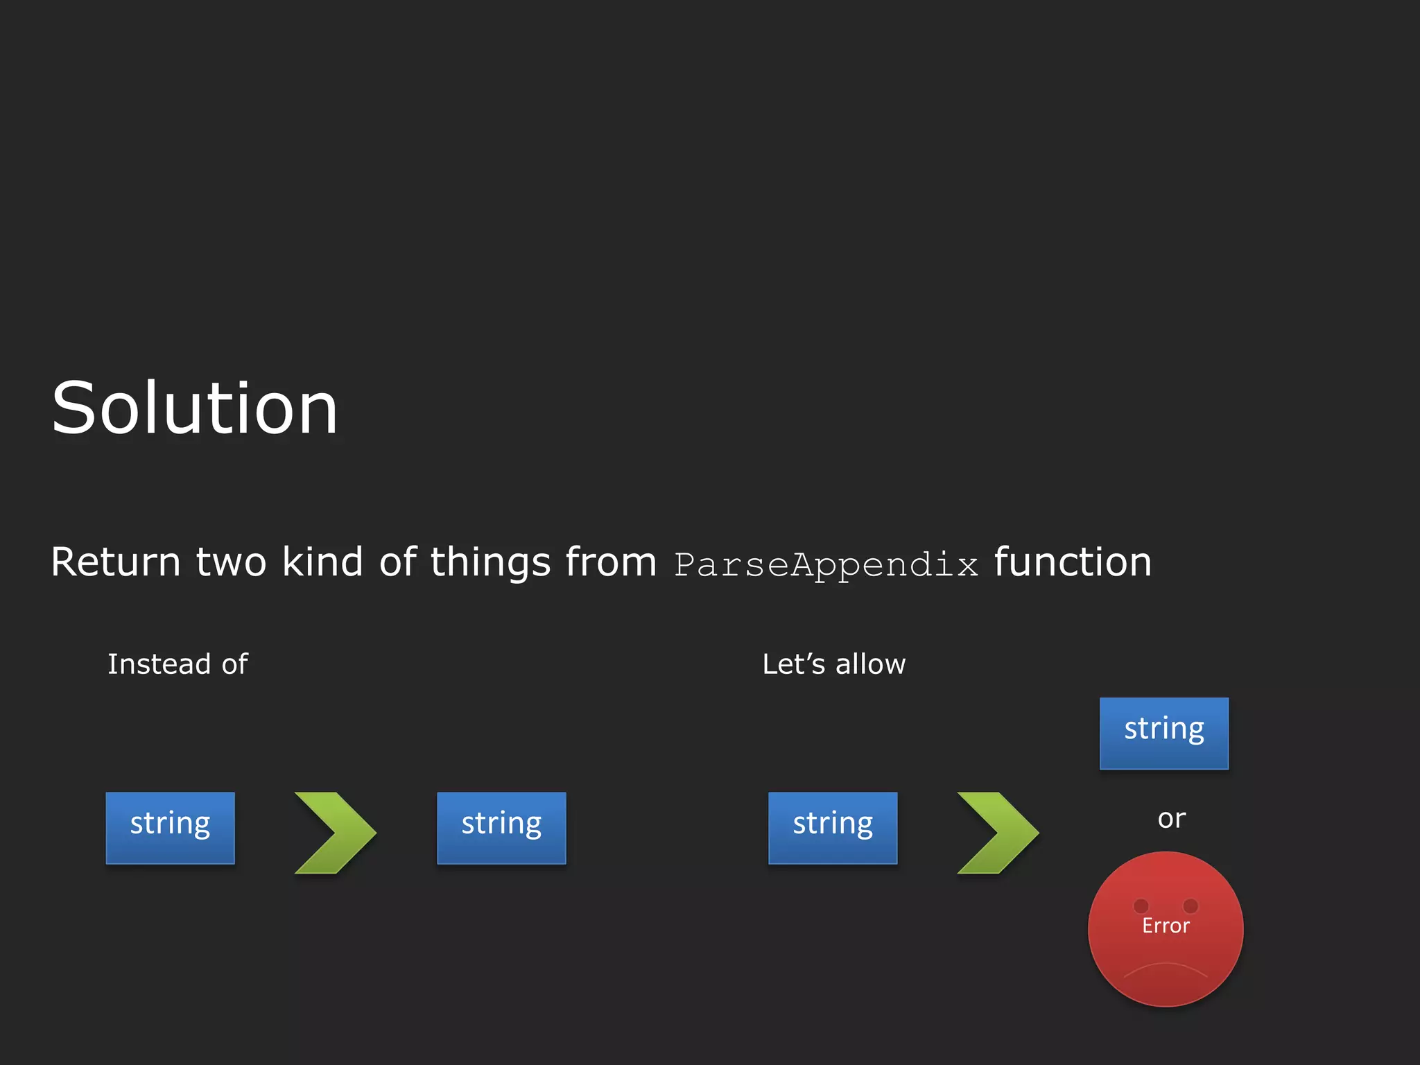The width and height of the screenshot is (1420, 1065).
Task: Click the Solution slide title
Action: click(x=195, y=409)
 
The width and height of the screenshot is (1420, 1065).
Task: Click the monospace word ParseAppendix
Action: click(x=825, y=564)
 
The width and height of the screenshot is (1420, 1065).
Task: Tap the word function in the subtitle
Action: click(x=1073, y=562)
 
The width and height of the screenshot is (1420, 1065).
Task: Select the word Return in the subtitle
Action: click(x=115, y=562)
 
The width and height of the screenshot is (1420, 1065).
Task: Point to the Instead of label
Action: click(x=177, y=664)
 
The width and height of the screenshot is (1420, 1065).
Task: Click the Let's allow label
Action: click(x=833, y=664)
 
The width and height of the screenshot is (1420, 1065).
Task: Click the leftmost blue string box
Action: click(x=170, y=827)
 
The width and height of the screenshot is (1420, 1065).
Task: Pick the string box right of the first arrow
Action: click(x=501, y=827)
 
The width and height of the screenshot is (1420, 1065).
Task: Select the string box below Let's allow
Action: click(x=832, y=827)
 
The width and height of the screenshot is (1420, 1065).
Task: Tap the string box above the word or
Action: click(x=1163, y=733)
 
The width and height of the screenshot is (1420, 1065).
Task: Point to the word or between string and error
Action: click(x=1171, y=819)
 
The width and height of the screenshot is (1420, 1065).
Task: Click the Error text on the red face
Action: click(x=1166, y=926)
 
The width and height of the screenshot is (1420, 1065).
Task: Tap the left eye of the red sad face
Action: click(x=1141, y=906)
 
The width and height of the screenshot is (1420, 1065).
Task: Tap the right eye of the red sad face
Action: click(x=1190, y=906)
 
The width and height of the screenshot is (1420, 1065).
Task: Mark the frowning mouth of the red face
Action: click(x=1166, y=968)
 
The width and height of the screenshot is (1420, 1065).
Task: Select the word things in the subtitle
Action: click(x=490, y=562)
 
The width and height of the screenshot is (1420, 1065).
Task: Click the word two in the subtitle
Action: click(x=231, y=562)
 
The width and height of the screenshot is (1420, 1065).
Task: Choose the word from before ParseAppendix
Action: click(x=610, y=562)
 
